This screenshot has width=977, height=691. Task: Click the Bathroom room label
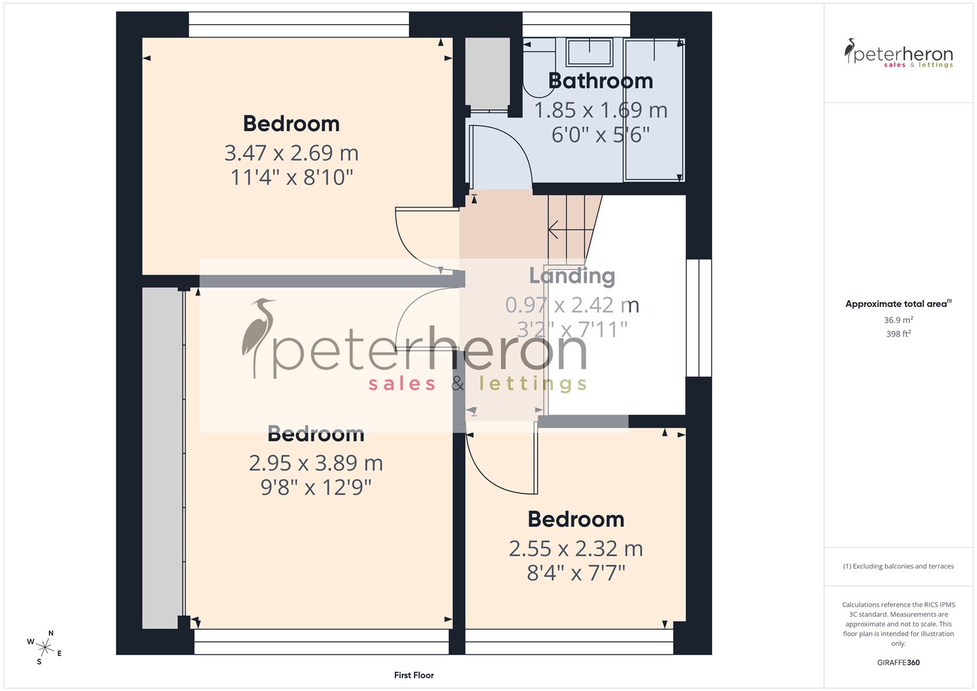pyautogui.click(x=600, y=81)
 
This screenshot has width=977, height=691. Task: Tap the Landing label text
pyautogui.click(x=572, y=276)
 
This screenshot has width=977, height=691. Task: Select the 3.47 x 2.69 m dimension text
pyautogui.click(x=291, y=153)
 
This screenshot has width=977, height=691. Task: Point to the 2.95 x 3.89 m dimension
pyautogui.click(x=315, y=463)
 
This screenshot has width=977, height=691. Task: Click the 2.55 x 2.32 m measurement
pyautogui.click(x=576, y=548)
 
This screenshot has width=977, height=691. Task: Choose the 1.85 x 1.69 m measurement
pyautogui.click(x=600, y=110)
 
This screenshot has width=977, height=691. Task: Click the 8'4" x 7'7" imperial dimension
pyautogui.click(x=576, y=573)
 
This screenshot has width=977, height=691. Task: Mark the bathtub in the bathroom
pyautogui.click(x=654, y=109)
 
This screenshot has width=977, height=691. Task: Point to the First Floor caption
pyautogui.click(x=414, y=675)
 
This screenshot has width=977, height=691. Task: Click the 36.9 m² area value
pyautogui.click(x=898, y=320)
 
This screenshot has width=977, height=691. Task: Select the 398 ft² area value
pyautogui.click(x=898, y=334)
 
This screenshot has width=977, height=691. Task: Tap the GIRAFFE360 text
pyautogui.click(x=898, y=662)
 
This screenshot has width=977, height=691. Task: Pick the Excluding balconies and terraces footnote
pyautogui.click(x=898, y=566)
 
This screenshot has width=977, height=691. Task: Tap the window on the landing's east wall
pyautogui.click(x=699, y=318)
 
